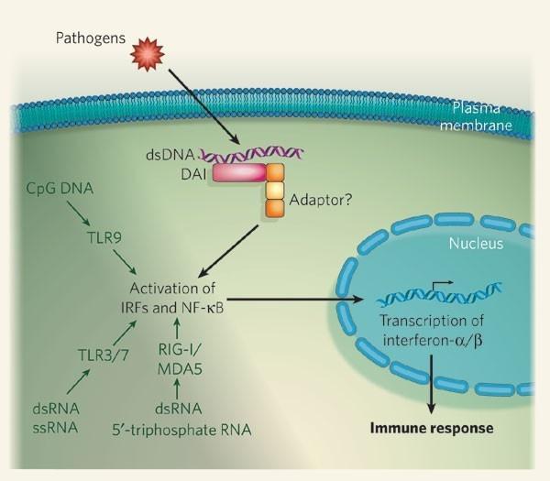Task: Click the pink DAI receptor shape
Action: tap(237, 171)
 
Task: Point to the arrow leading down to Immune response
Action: tap(430, 384)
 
